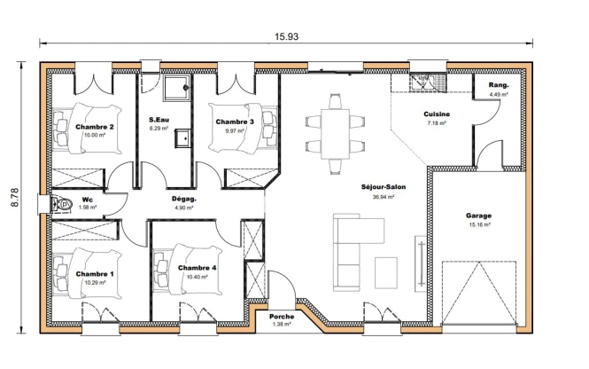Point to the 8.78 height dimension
pyautogui.click(x=15, y=197)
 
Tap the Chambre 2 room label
pyautogui.click(x=95, y=128)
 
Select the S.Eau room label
pyautogui.click(x=160, y=119)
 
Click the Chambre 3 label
pyautogui.click(x=235, y=122)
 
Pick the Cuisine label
pyautogui.click(x=437, y=114)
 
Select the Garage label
pyautogui.click(x=479, y=216)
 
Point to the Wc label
pyautogui.click(x=88, y=200)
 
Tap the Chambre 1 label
pyautogui.click(x=95, y=274)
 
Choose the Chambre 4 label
pyautogui.click(x=197, y=268)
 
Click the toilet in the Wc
pyautogui.click(x=62, y=205)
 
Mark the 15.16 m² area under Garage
pyautogui.click(x=479, y=225)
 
